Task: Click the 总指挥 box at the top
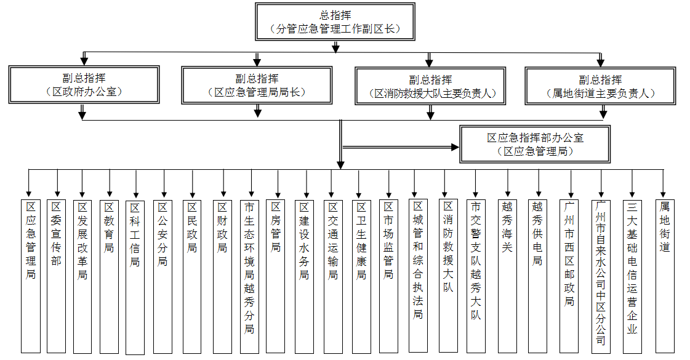(335, 22)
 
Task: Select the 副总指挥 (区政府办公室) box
(84, 85)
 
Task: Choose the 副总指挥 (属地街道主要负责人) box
(601, 86)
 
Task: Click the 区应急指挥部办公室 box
(535, 145)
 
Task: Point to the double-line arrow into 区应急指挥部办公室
(401, 147)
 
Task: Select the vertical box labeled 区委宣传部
(56, 276)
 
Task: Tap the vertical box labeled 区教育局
(109, 276)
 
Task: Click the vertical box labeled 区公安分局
(162, 276)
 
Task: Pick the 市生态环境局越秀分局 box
(249, 276)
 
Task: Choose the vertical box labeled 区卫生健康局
(361, 276)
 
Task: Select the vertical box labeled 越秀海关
(507, 276)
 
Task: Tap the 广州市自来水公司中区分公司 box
(601, 276)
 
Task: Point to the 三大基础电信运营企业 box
(632, 276)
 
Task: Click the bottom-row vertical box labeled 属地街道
(664, 276)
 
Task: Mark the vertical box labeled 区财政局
(222, 276)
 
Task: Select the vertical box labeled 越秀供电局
(538, 276)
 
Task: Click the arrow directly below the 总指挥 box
(335, 47)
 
